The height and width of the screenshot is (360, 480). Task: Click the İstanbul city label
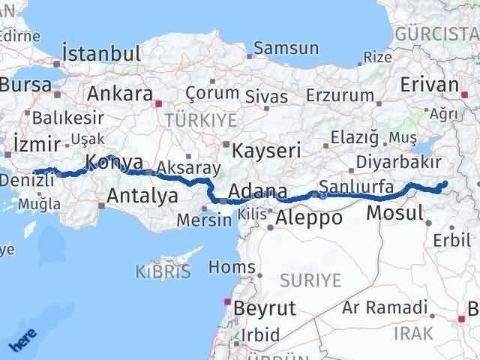point(102,54)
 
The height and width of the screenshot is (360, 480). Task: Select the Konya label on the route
point(114,161)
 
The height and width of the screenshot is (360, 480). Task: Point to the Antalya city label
point(142,196)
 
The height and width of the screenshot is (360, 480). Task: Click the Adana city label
point(257,192)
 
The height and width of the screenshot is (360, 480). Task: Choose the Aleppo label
point(309,218)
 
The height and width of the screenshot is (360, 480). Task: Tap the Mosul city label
point(396,214)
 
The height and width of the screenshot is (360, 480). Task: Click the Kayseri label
point(266,149)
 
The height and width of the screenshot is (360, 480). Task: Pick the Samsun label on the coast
point(286,49)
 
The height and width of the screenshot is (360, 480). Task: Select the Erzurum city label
point(340,96)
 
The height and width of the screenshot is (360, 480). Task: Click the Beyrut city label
point(265,307)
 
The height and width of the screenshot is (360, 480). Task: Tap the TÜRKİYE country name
point(201,120)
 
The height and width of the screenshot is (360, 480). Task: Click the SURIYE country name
point(310,280)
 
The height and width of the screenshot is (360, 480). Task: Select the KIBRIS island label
point(163,271)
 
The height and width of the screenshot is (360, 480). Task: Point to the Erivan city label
point(430,85)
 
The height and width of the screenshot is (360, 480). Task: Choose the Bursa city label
point(24,85)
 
